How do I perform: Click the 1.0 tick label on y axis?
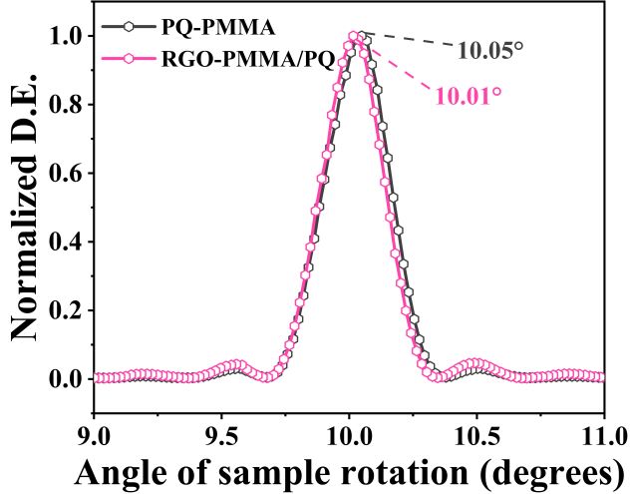pyautogui.click(x=65, y=36)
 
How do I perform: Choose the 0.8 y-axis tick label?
pyautogui.click(x=65, y=105)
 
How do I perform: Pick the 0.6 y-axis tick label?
pyautogui.click(x=65, y=174)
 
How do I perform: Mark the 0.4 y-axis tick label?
pyautogui.click(x=65, y=243)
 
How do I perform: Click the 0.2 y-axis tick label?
pyautogui.click(x=65, y=311)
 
